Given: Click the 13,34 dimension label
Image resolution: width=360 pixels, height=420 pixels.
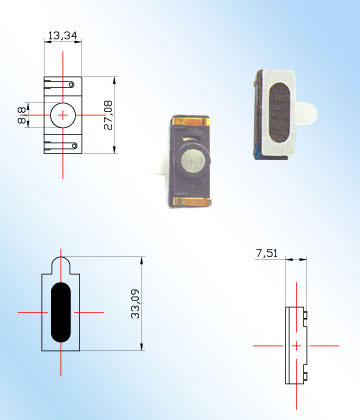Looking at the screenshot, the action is click(63, 35).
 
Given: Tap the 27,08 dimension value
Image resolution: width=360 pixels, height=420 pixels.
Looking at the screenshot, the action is click(108, 115).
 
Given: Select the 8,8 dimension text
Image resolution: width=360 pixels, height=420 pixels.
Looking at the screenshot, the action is click(22, 115).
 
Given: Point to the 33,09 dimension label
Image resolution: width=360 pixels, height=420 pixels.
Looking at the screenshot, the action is click(135, 304).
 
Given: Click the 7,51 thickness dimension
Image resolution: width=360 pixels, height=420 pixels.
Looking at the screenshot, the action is click(266, 253).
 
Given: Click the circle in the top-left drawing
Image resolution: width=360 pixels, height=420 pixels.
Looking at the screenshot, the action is click(50, 115).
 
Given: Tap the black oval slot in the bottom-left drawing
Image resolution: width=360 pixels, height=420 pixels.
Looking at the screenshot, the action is click(61, 312).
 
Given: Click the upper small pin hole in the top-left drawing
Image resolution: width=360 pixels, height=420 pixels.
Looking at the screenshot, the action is click(71, 85).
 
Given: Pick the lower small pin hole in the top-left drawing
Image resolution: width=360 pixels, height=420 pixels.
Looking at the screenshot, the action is click(75, 146).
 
